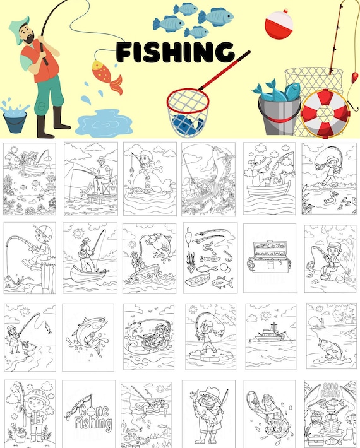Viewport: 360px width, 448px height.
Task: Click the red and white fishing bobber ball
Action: point(279,24)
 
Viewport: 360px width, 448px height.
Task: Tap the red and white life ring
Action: point(325,114)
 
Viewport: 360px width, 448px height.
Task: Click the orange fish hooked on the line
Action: point(107,76)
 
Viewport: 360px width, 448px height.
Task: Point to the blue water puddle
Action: point(104,123)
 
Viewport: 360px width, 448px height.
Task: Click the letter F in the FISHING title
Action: point(124,52)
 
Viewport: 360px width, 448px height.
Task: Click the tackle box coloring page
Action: point(269,258)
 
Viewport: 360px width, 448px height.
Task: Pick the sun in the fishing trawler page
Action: point(266,315)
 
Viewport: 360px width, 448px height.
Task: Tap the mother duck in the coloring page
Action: point(331,197)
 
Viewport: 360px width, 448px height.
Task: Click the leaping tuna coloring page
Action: point(88,338)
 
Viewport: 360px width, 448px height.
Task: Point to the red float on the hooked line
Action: point(355,76)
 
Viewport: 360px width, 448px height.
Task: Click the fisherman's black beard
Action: point(29,38)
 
